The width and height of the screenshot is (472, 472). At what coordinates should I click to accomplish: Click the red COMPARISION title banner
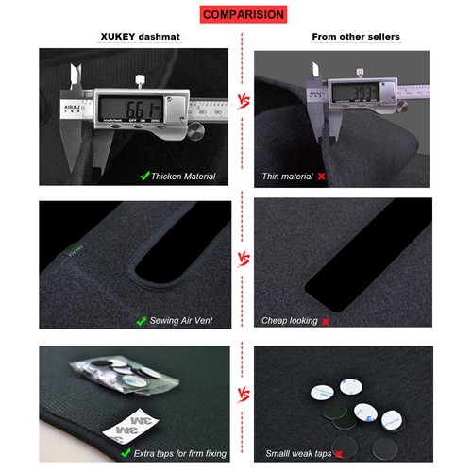click(x=243, y=15)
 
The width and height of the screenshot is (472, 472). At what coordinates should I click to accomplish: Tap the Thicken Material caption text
click(x=183, y=176)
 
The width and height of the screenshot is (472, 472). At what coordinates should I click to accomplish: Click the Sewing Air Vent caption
click(x=183, y=321)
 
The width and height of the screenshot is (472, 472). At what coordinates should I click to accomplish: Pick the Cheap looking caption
click(x=291, y=321)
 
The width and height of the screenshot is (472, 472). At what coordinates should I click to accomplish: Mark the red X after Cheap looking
click(x=326, y=322)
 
